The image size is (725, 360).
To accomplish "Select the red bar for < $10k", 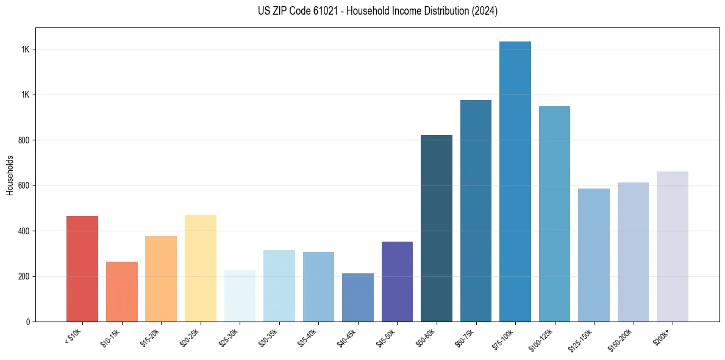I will [82, 268].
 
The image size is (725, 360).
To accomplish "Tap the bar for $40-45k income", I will [358, 297].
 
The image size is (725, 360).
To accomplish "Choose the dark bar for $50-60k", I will [437, 228].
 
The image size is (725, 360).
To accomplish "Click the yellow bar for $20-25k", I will [201, 268].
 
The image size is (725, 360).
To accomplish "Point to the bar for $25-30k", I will [240, 296].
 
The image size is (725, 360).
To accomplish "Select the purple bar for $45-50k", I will [397, 281].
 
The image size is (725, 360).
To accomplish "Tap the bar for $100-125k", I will [554, 214].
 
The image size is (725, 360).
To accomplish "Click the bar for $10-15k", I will [122, 292].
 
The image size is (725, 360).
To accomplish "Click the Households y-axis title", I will [10, 175].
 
